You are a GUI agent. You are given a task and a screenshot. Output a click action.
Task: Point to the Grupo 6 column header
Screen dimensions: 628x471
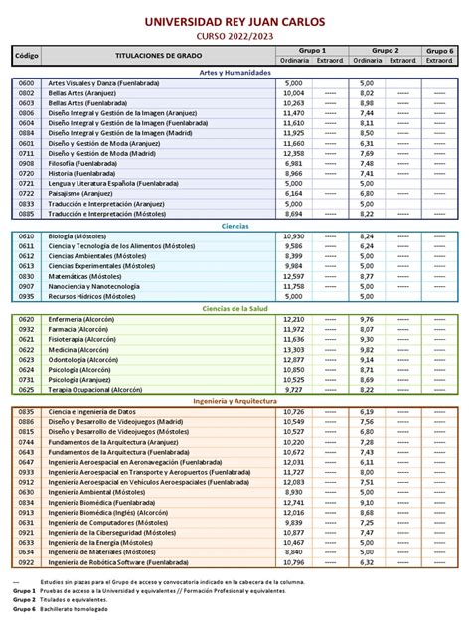tap(438, 50)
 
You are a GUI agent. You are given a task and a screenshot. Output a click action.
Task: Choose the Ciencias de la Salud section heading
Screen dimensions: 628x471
tap(235, 309)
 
